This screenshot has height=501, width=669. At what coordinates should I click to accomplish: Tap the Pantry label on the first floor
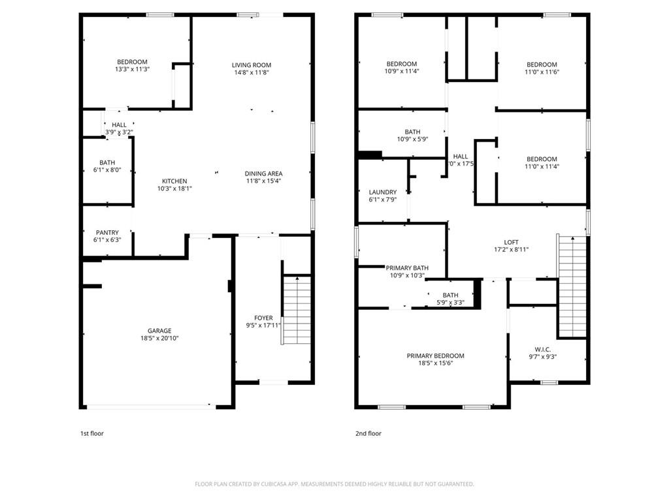[x=106, y=232]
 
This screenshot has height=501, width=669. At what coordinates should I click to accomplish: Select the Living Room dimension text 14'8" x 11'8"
[x=251, y=73]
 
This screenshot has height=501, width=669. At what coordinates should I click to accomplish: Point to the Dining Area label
[x=263, y=174]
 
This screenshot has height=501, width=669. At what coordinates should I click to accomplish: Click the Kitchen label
[x=174, y=181]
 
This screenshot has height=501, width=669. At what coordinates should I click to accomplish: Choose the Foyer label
[x=263, y=318]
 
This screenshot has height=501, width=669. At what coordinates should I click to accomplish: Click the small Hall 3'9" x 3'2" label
[x=119, y=125]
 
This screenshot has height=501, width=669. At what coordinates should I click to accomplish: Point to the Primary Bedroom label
[x=435, y=356]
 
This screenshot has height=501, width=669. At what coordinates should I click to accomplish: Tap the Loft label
[x=511, y=241]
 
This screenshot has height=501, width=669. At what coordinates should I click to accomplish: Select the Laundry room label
[x=382, y=192]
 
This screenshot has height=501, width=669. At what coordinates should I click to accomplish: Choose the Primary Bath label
[x=406, y=268]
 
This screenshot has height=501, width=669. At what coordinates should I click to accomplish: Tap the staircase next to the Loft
[x=572, y=287]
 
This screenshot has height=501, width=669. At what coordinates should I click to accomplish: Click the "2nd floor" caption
[x=368, y=433]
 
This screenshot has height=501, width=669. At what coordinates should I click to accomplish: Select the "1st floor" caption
[x=91, y=433]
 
